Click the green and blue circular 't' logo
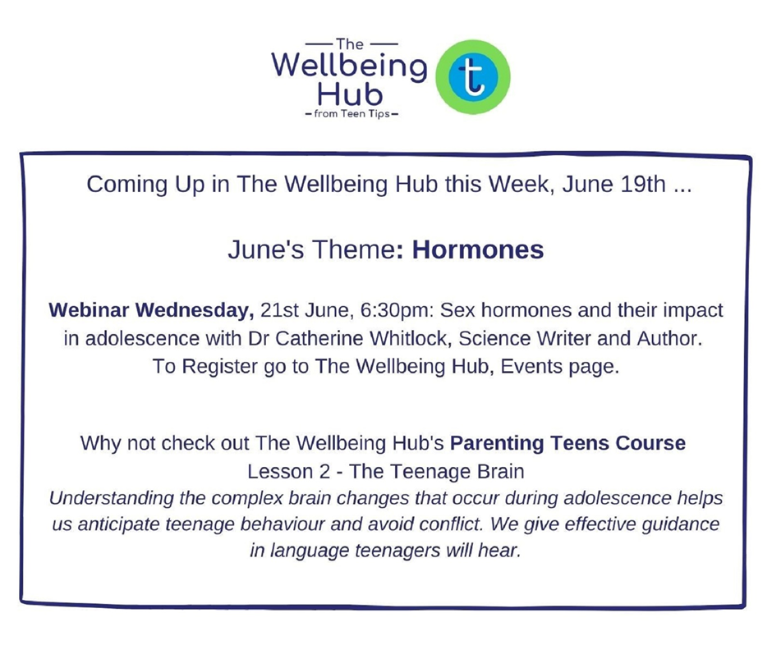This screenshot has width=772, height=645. tap(473, 77)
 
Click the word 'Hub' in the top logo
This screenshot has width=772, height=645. tap(350, 94)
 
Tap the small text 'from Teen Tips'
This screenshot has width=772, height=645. tap(352, 114)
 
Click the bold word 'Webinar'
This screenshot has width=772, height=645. tap(90, 310)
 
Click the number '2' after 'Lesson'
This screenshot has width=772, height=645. tap(324, 471)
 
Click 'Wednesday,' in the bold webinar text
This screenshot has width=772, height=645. tap(195, 310)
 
